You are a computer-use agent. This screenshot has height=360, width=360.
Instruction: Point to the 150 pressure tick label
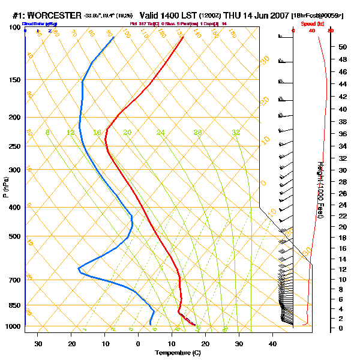pos(15,80)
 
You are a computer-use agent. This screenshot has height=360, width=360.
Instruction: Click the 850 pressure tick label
pos(15,305)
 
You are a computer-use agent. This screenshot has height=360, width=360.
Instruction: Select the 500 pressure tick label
pos(15,236)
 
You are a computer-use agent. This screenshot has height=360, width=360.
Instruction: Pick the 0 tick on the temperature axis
pos(139,344)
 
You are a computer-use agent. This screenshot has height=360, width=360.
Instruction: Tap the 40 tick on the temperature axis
pos(272,344)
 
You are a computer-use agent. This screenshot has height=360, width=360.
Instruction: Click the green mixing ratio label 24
pos(160,133)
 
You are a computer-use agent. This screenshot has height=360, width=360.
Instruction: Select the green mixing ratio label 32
pos(236,133)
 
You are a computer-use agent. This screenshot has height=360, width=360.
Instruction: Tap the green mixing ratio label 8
pos(47,133)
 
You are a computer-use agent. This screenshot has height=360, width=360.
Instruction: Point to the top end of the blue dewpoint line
pos(114,37)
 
